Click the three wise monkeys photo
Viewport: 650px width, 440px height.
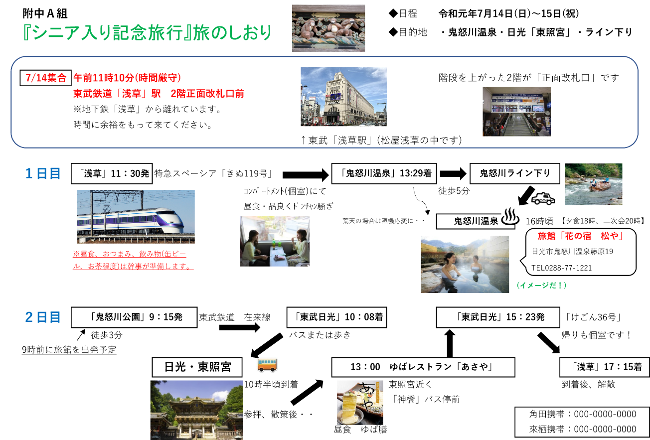(x=328, y=28)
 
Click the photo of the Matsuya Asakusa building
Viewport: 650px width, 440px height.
(x=343, y=97)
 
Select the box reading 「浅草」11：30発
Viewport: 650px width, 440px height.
(x=111, y=173)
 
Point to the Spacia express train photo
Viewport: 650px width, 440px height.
(x=136, y=216)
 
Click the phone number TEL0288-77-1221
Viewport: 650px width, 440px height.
(x=561, y=268)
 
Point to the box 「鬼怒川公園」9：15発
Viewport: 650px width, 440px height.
(x=134, y=317)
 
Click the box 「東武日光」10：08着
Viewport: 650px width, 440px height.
(x=336, y=317)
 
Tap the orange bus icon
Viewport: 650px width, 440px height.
(x=267, y=364)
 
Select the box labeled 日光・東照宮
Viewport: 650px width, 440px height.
(x=197, y=367)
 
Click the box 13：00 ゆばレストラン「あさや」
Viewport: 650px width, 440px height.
(x=422, y=367)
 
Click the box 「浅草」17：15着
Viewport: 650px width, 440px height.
(x=604, y=367)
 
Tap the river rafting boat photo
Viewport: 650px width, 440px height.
(x=593, y=184)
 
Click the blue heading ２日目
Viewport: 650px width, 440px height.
(x=43, y=317)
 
